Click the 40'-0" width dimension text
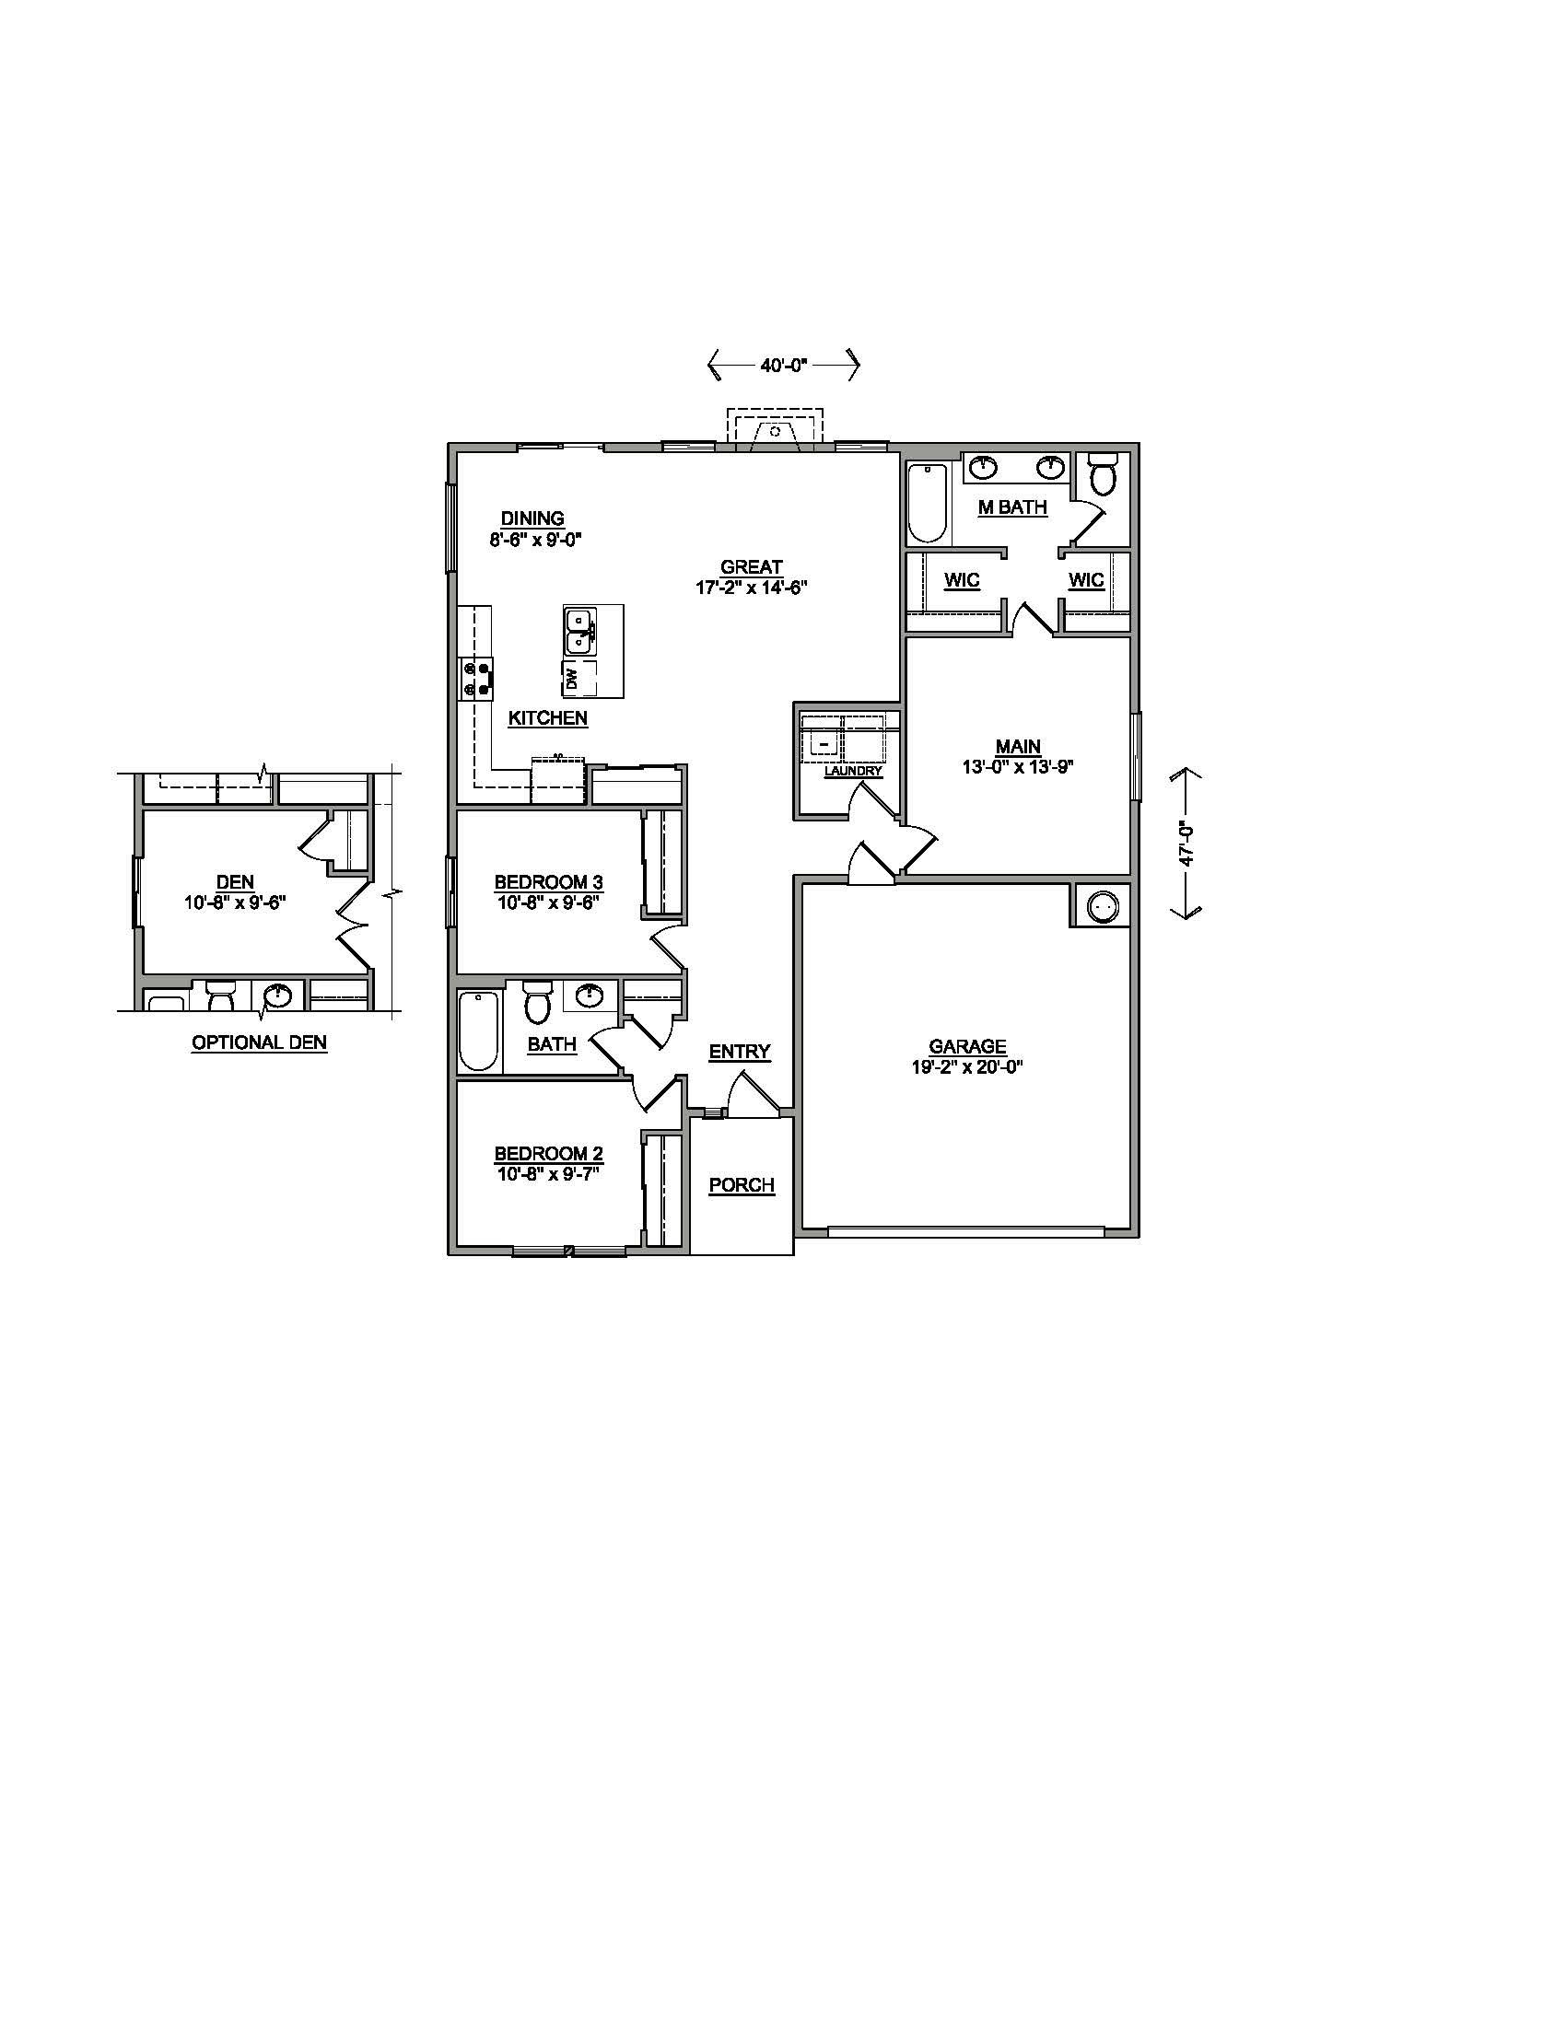click(784, 366)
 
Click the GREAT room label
click(752, 565)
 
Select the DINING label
click(532, 518)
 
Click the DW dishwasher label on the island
click(571, 679)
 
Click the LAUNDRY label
click(853, 771)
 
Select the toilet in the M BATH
click(1103, 475)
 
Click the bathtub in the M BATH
click(927, 502)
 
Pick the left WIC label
click(962, 580)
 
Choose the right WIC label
click(1085, 580)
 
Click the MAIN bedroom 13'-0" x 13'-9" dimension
click(1018, 766)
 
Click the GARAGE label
click(966, 1046)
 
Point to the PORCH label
click(742, 1184)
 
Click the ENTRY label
click(740, 1051)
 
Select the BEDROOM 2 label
click(548, 1153)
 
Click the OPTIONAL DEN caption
click(259, 1042)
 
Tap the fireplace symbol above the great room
click(775, 430)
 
